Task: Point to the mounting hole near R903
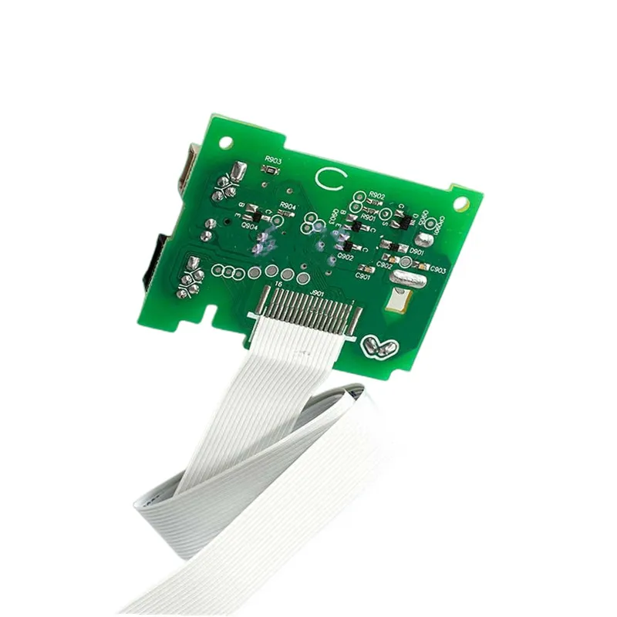(x=227, y=143)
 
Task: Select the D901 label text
(x=417, y=251)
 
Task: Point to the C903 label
(x=437, y=270)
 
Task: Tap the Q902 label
(x=345, y=257)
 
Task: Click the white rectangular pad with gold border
(x=398, y=300)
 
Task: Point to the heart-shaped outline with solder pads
(x=382, y=347)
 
